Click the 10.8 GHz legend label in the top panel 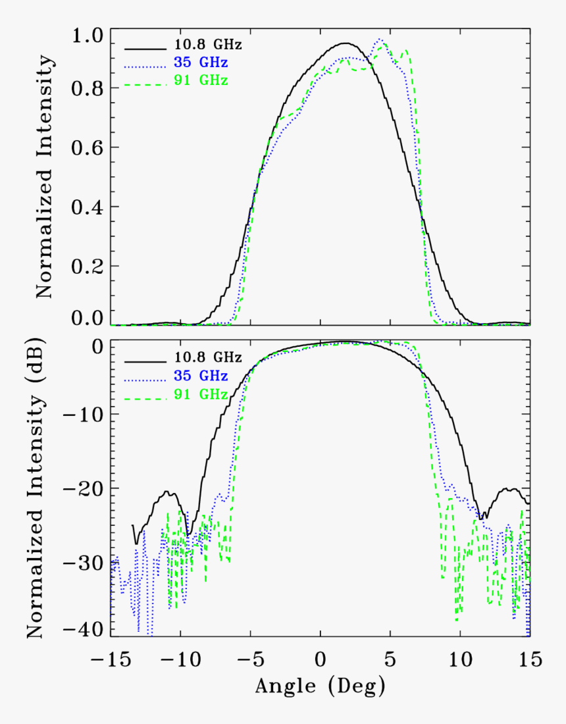[200, 45]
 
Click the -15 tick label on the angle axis [111, 659]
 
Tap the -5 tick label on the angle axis [249, 659]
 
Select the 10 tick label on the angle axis [460, 659]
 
